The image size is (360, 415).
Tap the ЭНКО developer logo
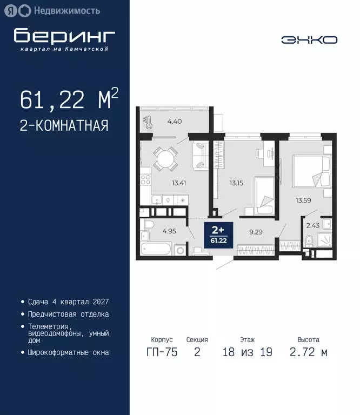309,40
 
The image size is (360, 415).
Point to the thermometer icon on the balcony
145,122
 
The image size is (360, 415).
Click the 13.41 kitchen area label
179,183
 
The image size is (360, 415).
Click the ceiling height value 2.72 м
308,353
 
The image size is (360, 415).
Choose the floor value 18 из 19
247,353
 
